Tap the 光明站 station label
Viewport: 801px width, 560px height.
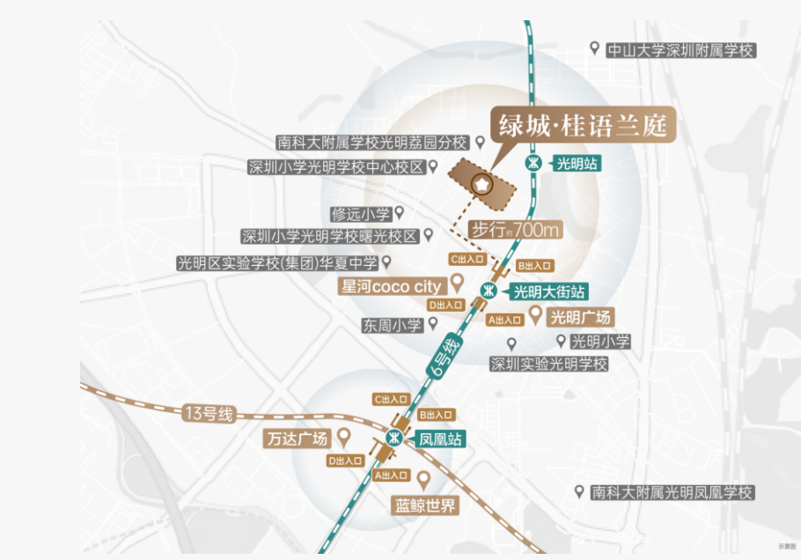tap(577, 163)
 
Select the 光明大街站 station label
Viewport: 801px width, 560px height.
tap(549, 291)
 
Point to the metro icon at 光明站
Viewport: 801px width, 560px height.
tap(533, 163)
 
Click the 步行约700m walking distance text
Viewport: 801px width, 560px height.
tap(516, 230)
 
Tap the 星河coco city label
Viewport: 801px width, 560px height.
tap(391, 286)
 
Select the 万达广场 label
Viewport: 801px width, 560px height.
tap(297, 438)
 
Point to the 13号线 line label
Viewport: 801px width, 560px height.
tap(209, 414)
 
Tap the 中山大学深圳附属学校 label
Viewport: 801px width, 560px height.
tap(681, 50)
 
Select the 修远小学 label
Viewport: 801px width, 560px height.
tap(360, 214)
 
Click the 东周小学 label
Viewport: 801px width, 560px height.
tap(392, 325)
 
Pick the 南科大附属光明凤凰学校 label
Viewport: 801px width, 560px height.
tap(672, 493)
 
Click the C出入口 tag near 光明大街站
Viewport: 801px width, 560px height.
tap(467, 259)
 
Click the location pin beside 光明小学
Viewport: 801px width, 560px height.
tap(561, 340)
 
